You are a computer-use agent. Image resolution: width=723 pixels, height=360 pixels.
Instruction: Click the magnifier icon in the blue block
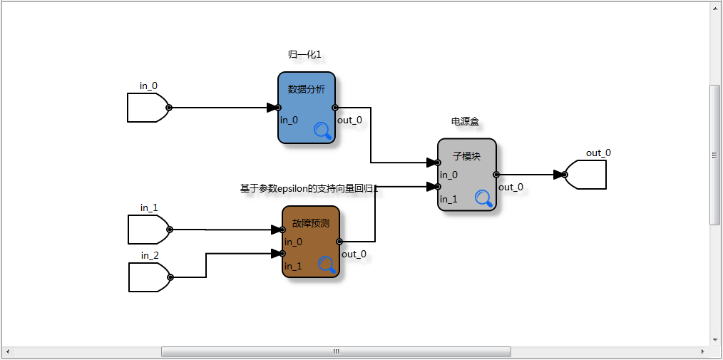pyautogui.click(x=323, y=130)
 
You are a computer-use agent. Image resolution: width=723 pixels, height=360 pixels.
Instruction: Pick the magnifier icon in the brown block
pyautogui.click(x=327, y=265)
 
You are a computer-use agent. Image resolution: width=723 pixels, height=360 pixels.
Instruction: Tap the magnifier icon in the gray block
pyautogui.click(x=485, y=198)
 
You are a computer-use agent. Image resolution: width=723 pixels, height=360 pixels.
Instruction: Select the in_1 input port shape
pyautogui.click(x=148, y=230)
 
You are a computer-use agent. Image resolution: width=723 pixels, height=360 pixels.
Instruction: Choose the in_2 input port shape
pyautogui.click(x=149, y=277)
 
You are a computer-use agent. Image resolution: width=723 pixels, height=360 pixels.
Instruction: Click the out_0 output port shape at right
pyautogui.click(x=586, y=175)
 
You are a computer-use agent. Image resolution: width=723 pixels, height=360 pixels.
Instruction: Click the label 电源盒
pyautogui.click(x=465, y=121)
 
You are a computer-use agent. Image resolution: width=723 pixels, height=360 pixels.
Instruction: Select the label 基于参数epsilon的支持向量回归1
pyautogui.click(x=309, y=189)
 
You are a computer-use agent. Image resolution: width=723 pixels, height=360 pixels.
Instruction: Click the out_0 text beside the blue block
pyautogui.click(x=349, y=120)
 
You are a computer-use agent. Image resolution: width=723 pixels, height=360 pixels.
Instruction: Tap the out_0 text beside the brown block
pyautogui.click(x=354, y=254)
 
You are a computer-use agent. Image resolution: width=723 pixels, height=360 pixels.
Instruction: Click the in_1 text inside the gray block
pyautogui.click(x=448, y=200)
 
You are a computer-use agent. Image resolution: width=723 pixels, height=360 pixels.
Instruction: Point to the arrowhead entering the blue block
pyautogui.click(x=272, y=108)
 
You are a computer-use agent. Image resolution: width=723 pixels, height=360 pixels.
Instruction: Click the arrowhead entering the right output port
pyautogui.click(x=559, y=174)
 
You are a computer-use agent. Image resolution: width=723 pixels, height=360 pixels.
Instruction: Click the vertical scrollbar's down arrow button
pyautogui.click(x=716, y=340)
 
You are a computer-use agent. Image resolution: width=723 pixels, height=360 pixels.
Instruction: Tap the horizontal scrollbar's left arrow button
pyautogui.click(x=7, y=352)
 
